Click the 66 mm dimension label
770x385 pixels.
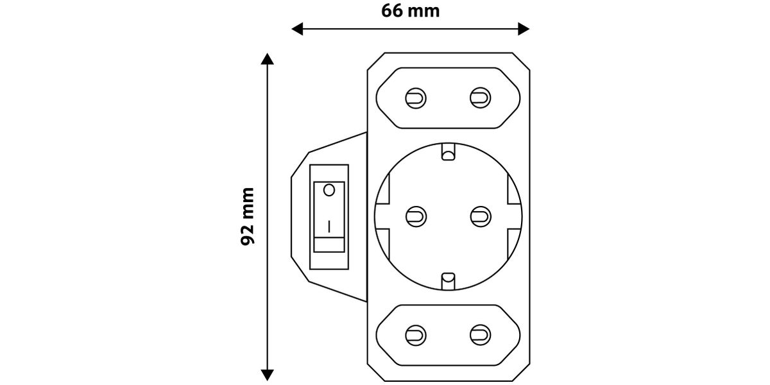click(x=411, y=11)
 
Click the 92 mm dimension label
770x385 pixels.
click(x=248, y=217)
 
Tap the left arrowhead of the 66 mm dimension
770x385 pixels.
click(x=297, y=29)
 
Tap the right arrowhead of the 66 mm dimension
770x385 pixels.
click(x=524, y=29)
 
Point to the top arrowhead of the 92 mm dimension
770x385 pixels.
click(x=267, y=59)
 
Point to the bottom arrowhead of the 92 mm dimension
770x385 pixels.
click(x=267, y=375)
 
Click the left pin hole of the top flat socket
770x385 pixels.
click(x=416, y=98)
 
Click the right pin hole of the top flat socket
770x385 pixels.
click(x=480, y=98)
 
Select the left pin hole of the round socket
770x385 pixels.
click(x=416, y=217)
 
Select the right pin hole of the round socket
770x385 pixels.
click(x=481, y=217)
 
